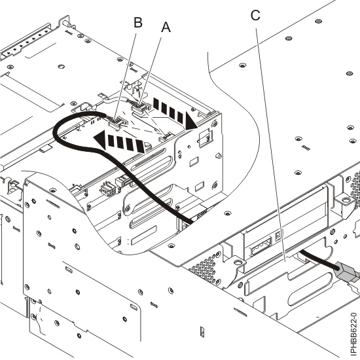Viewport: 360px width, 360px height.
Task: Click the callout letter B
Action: [x=138, y=22]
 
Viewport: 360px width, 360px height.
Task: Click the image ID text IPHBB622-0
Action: [x=353, y=315]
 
